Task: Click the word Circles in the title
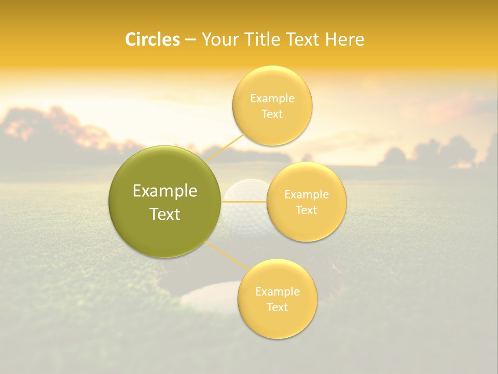pyautogui.click(x=153, y=39)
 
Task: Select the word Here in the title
pyautogui.click(x=344, y=39)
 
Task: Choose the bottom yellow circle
pyautogui.click(x=277, y=322)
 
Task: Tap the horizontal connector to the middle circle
pyautogui.click(x=244, y=201)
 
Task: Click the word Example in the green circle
pyautogui.click(x=165, y=191)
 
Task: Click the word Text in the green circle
pyautogui.click(x=165, y=214)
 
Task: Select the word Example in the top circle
pyautogui.click(x=272, y=98)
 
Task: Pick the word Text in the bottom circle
pyautogui.click(x=277, y=307)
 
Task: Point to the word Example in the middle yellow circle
pyautogui.click(x=307, y=194)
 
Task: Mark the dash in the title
pyautogui.click(x=190, y=39)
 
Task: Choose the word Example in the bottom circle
pyautogui.click(x=277, y=291)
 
